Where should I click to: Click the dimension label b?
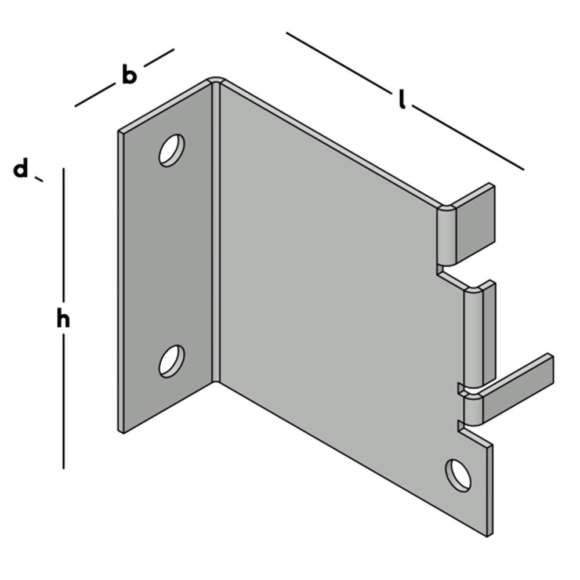point(129,75)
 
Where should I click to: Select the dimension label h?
point(63,319)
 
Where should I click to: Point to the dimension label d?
point(21,170)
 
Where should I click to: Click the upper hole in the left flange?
point(172,150)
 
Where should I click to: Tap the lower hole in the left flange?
point(172,361)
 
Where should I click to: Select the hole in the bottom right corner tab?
point(458,475)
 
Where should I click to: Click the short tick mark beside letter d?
point(39,179)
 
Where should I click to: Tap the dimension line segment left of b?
point(95,96)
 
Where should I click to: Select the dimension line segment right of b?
point(159,57)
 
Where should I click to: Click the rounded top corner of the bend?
point(216,80)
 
